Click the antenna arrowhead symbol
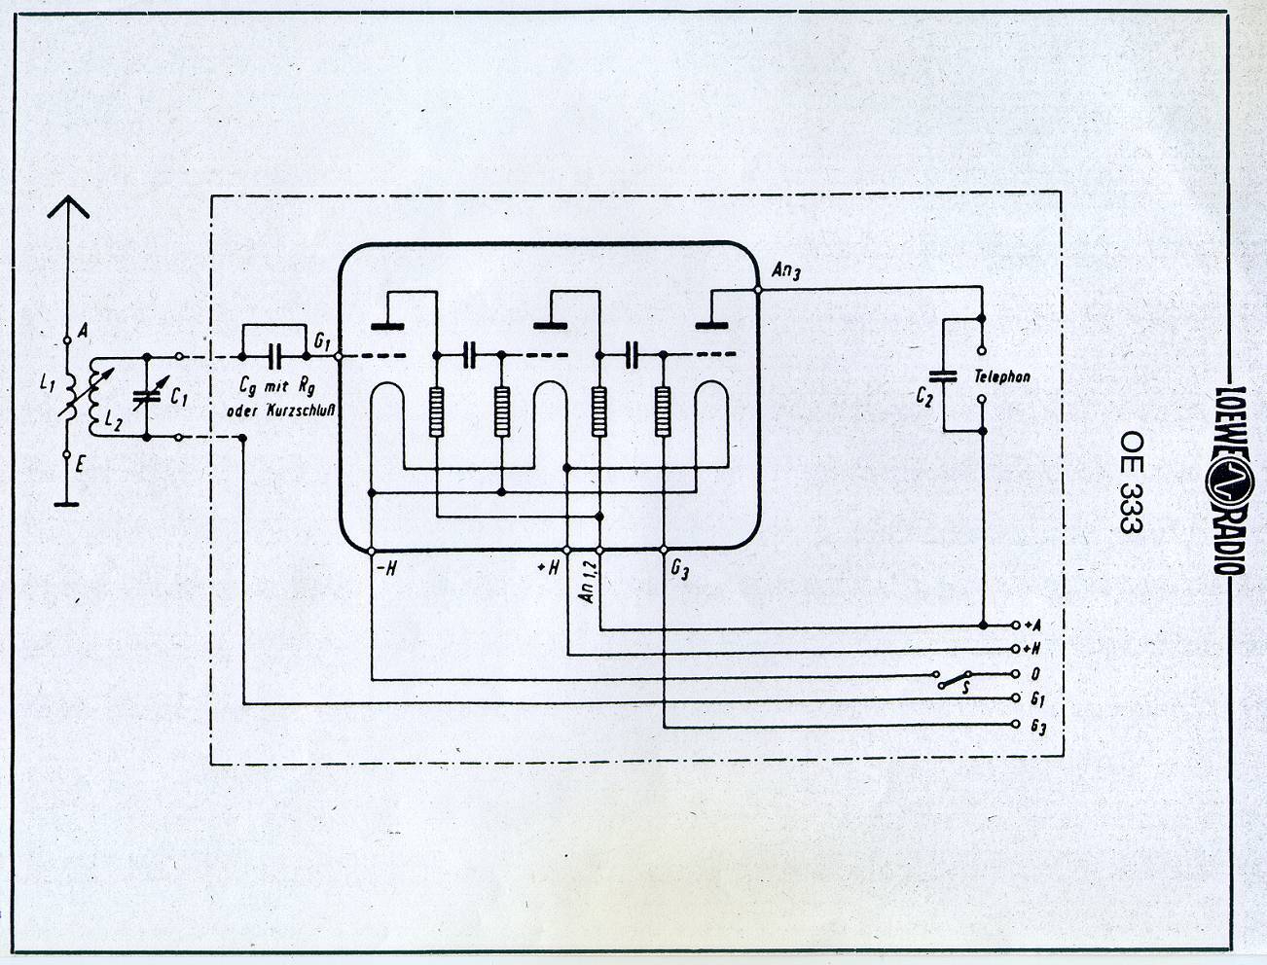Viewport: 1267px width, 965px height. (67, 206)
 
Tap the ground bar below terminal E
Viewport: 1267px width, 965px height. (66, 504)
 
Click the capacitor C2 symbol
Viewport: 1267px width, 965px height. (943, 376)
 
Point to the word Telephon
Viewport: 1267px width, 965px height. (1002, 377)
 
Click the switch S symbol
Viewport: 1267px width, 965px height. (955, 679)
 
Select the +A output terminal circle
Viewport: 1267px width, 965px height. (1016, 625)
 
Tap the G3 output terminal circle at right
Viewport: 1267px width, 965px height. (1016, 724)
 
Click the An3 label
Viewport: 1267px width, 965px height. (786, 270)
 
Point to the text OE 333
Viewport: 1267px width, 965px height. (1132, 482)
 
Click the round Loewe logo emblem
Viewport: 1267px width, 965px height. (1229, 482)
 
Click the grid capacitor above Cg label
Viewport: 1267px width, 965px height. (274, 356)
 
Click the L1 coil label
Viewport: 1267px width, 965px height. (48, 384)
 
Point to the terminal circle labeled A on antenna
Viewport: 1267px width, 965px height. (67, 340)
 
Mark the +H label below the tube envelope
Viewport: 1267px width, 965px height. (548, 568)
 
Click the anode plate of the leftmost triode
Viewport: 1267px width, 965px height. (387, 327)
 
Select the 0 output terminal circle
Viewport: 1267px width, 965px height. (1016, 674)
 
